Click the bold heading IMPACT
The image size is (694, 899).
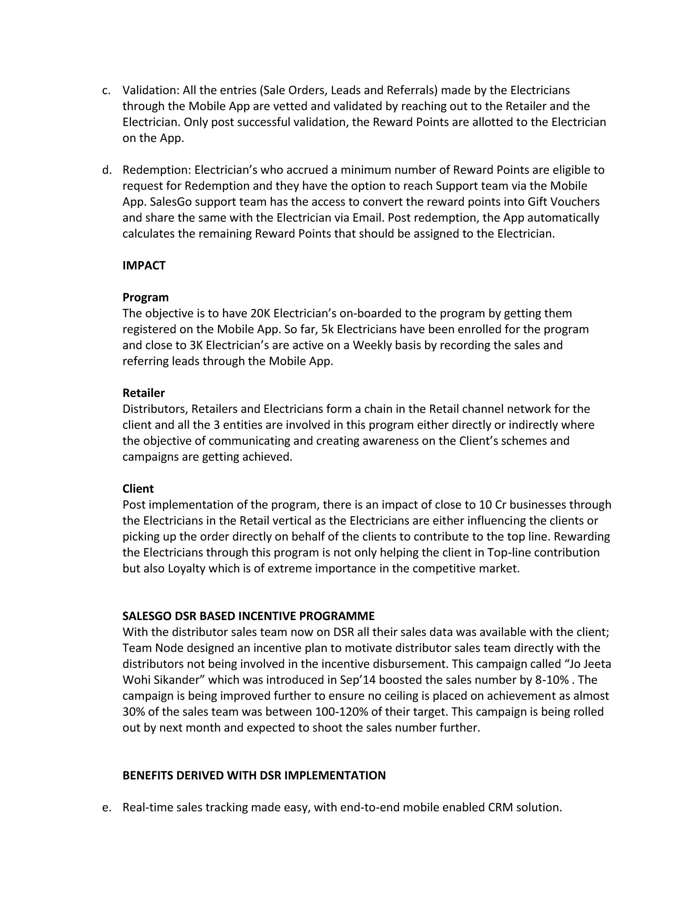(x=143, y=266)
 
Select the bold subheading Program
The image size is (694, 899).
(x=145, y=297)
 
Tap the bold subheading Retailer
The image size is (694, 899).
(x=143, y=393)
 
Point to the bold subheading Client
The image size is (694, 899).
(x=138, y=489)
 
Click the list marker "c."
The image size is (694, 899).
(x=106, y=90)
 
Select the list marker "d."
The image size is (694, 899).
(x=107, y=170)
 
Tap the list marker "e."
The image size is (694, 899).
(x=107, y=807)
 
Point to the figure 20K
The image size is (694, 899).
(x=260, y=313)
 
